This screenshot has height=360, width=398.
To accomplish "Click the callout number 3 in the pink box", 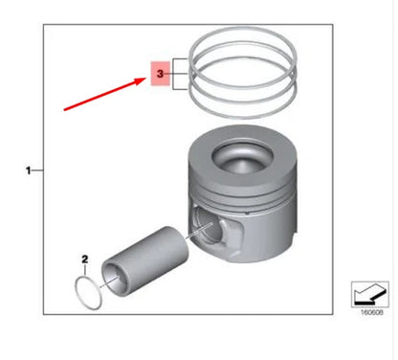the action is [x=160, y=74].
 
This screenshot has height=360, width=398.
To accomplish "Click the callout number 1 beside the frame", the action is [x=29, y=170].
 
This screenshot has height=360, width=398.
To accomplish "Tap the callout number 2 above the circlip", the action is [x=84, y=259].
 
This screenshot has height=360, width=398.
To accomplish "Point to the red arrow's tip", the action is [x=146, y=79].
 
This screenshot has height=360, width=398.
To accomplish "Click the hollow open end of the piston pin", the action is [x=112, y=277].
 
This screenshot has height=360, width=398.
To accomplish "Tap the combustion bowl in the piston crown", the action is [x=242, y=157].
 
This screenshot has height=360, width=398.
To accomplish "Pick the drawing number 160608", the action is [x=371, y=312].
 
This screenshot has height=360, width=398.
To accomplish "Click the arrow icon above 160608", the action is [x=370, y=294].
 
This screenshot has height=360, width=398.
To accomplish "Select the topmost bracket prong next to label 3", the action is [x=181, y=59].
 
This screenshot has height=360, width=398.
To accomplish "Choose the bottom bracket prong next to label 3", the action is [x=181, y=89].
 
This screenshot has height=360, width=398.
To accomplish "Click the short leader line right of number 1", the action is [x=37, y=170].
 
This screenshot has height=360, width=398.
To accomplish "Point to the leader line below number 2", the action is [x=85, y=270].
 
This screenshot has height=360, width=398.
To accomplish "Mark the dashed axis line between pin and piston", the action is [x=198, y=231].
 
